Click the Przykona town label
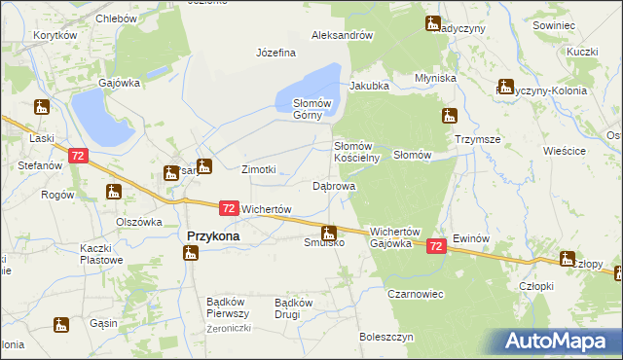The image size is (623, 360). click(x=213, y=235)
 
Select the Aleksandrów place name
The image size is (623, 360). click(x=343, y=35)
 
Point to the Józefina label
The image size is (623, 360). click(x=275, y=53)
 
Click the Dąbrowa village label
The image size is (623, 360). click(x=333, y=185)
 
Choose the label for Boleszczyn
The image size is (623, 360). click(x=386, y=337)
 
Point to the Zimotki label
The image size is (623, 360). click(x=259, y=169)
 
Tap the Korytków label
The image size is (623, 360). click(x=55, y=35)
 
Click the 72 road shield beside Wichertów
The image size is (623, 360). click(x=228, y=208)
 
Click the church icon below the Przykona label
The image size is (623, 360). click(x=191, y=254)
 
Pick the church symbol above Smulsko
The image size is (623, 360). click(x=330, y=233)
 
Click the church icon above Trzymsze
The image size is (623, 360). click(x=449, y=117)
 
